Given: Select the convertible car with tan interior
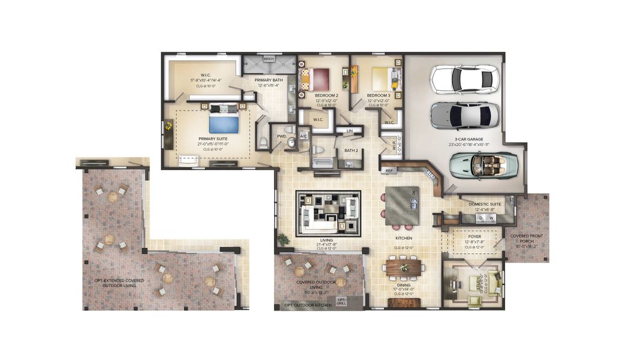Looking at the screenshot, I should (484, 165).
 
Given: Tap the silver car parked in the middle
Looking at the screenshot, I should (464, 115).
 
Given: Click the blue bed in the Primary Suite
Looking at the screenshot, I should (224, 124).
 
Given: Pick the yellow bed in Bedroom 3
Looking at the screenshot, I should (383, 78).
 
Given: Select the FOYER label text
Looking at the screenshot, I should (474, 236).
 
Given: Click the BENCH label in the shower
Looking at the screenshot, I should (268, 59).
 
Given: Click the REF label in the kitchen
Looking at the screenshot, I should (389, 170).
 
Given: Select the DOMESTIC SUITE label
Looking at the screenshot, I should (484, 204).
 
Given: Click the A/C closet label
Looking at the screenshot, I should (303, 136).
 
